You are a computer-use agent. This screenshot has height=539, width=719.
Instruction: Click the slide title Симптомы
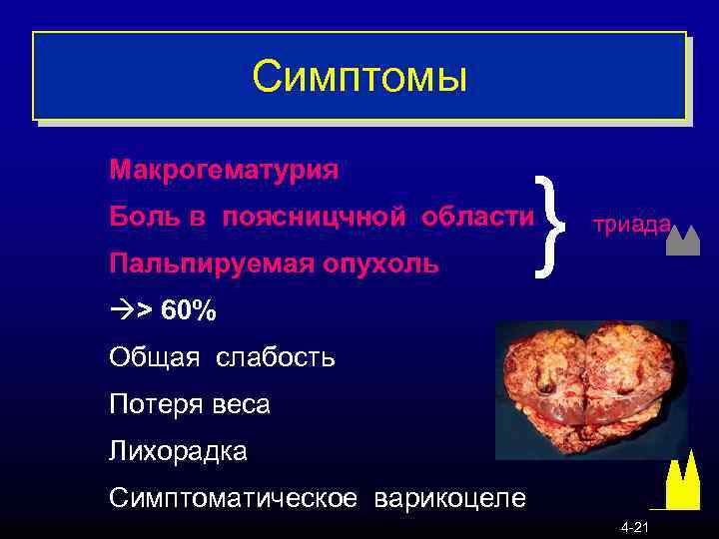[359, 75]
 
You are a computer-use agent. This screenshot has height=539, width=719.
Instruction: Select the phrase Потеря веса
[190, 404]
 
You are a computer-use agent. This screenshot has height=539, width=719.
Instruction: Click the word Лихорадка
[179, 451]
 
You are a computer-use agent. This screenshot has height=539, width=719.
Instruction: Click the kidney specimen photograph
[590, 389]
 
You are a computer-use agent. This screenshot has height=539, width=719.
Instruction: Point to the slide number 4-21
[635, 527]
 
